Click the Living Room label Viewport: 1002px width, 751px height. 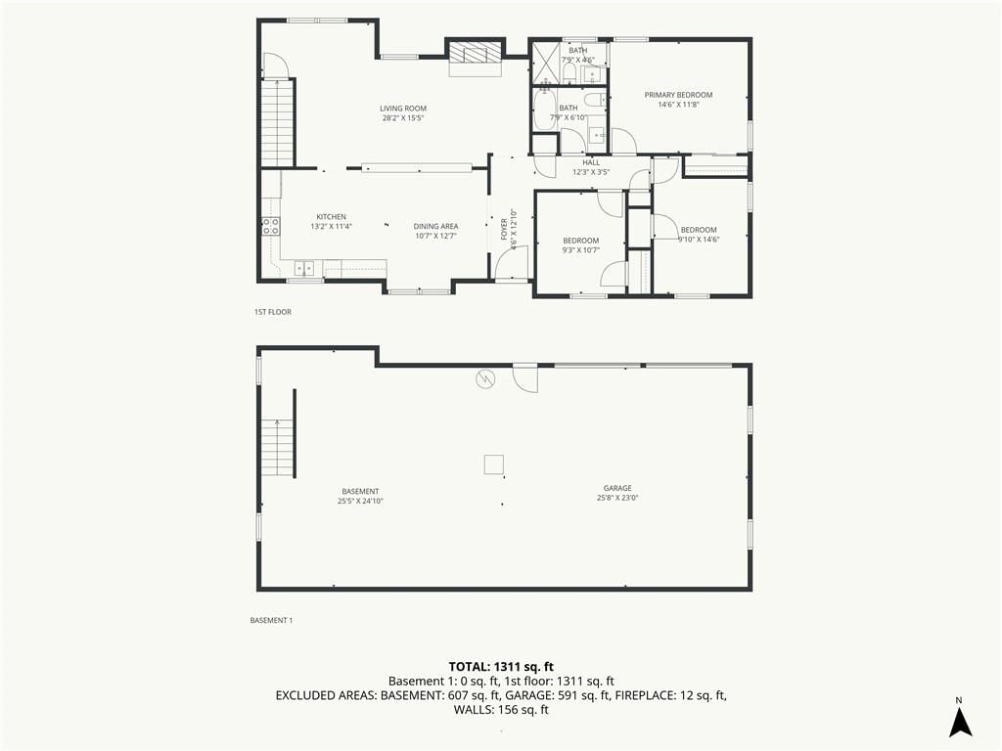pyautogui.click(x=403, y=113)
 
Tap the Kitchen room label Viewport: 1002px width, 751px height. pyautogui.click(x=331, y=222)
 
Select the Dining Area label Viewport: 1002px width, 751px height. pyautogui.click(x=435, y=231)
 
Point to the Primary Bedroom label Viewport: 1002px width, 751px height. pyautogui.click(x=678, y=100)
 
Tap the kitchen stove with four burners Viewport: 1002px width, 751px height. pyautogui.click(x=270, y=226)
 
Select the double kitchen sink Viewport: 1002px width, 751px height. pyautogui.click(x=304, y=268)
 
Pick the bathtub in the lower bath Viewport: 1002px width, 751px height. pyautogui.click(x=544, y=110)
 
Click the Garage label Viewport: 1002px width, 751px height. pyautogui.click(x=617, y=493)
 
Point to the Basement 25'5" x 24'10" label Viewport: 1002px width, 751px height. pyautogui.click(x=360, y=496)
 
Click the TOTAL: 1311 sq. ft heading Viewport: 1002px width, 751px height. pyautogui.click(x=501, y=667)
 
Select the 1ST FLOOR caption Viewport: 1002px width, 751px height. pyautogui.click(x=273, y=312)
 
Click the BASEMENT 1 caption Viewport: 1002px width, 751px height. pyautogui.click(x=271, y=620)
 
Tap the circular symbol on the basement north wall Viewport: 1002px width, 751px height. pyautogui.click(x=485, y=379)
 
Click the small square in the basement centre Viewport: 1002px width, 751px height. pyautogui.click(x=493, y=464)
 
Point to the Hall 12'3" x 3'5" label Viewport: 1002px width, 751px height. pyautogui.click(x=591, y=167)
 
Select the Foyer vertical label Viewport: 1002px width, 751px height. pyautogui.click(x=508, y=229)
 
